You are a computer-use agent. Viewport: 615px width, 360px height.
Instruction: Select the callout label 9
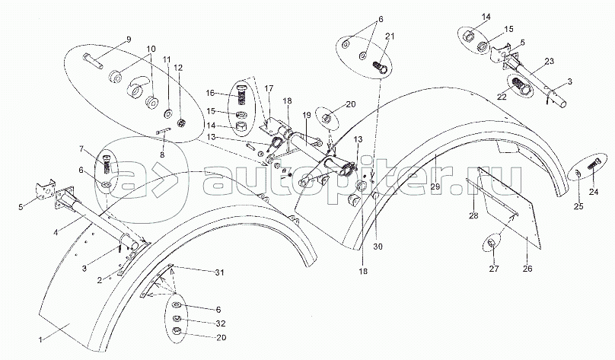129,40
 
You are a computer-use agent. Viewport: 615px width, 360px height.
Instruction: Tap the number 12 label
180,68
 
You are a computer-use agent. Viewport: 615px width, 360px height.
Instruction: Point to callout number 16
210,93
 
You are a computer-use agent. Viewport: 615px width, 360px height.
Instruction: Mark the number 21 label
390,37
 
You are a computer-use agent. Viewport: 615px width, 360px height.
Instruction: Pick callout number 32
219,322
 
